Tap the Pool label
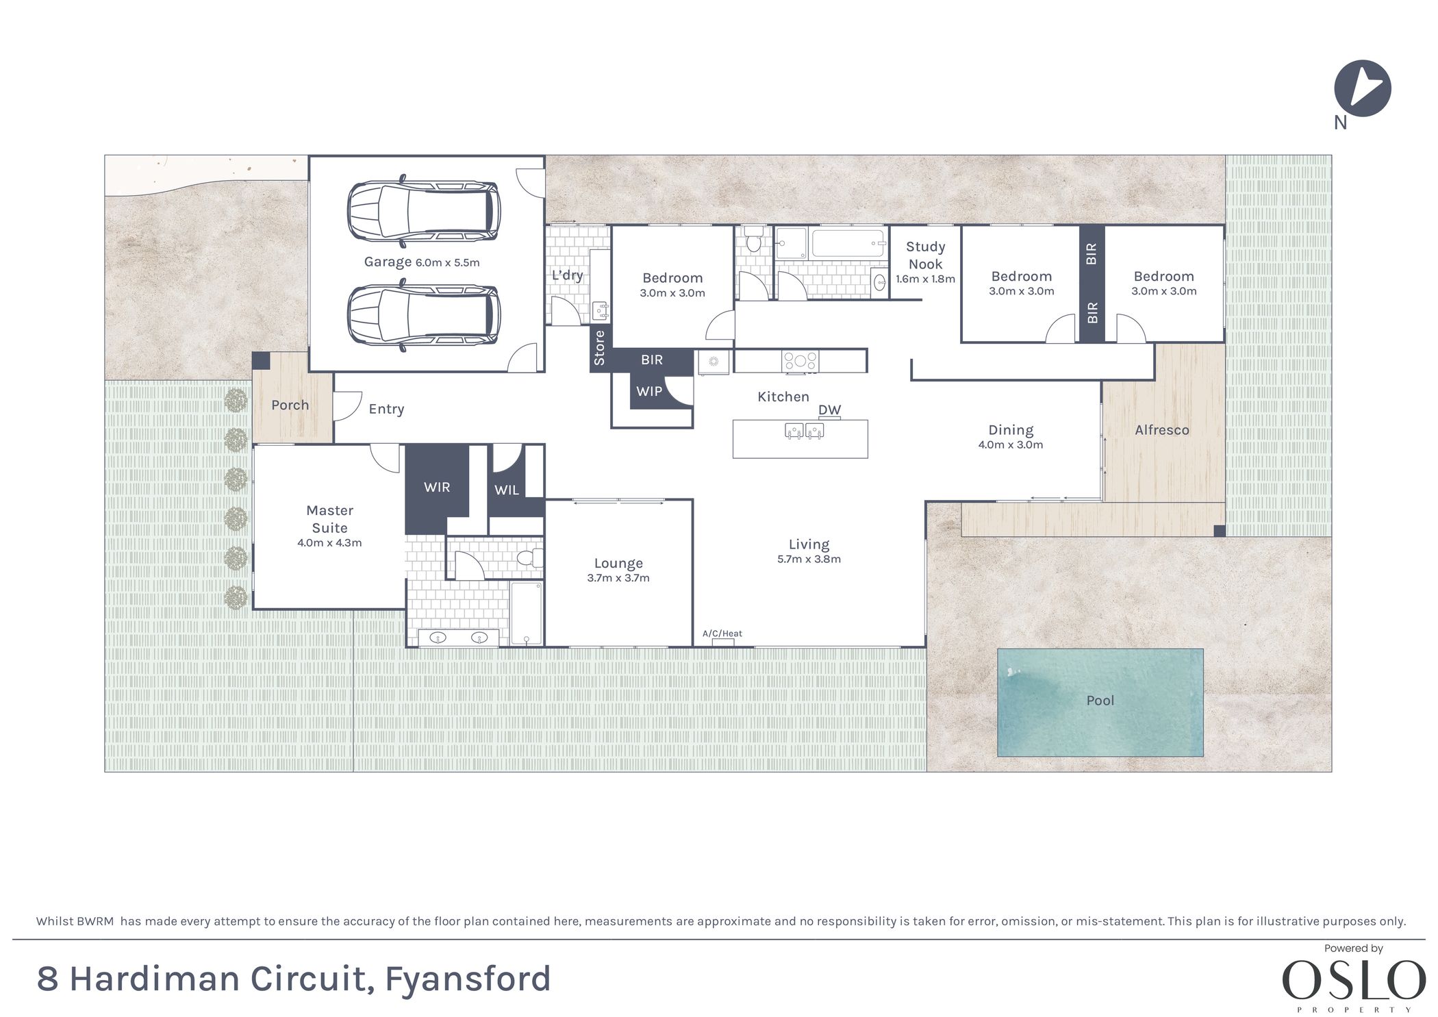(1100, 701)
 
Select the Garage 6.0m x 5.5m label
(421, 262)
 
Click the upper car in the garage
(423, 212)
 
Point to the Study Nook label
(925, 255)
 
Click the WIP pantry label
(648, 391)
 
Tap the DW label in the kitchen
(829, 410)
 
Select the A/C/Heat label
(722, 633)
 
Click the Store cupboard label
(600, 347)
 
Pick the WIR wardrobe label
(437, 487)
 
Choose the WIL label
(507, 490)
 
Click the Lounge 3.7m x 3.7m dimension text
(618, 578)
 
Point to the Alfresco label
(1161, 430)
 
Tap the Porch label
(290, 405)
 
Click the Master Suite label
(329, 518)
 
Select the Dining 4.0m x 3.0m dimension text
(1010, 445)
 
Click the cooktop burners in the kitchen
(800, 360)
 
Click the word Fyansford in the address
(468, 978)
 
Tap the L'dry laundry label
(567, 275)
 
